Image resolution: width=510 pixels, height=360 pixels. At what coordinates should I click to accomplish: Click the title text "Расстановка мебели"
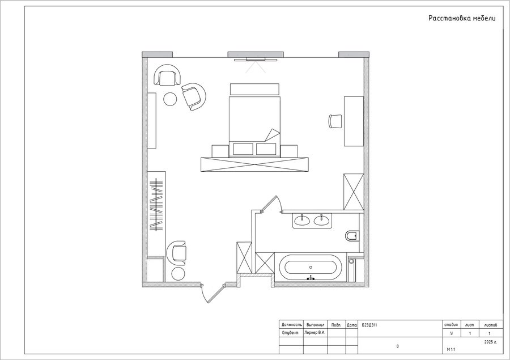pyautogui.click(x=462, y=18)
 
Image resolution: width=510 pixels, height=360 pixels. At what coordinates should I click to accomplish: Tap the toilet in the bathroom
pyautogui.click(x=351, y=236)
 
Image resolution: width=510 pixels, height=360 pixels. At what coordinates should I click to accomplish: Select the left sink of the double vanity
pyautogui.click(x=302, y=221)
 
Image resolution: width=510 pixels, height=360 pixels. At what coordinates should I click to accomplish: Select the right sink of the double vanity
pyautogui.click(x=322, y=221)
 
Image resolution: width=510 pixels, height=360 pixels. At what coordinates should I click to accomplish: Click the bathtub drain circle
pyautogui.click(x=311, y=267)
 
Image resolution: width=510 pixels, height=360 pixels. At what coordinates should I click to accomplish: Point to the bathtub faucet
pyautogui.click(x=311, y=278)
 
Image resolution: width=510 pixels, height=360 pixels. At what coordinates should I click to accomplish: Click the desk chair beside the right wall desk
pyautogui.click(x=335, y=121)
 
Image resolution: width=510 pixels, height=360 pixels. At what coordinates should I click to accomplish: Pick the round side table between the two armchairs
pyautogui.click(x=170, y=99)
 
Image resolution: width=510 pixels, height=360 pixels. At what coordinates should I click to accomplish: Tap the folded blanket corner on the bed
pyautogui.click(x=272, y=135)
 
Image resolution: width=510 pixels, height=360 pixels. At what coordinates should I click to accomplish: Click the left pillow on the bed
pyautogui.click(x=243, y=149)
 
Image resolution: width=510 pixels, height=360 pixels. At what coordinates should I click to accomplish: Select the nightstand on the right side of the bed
pyautogui.click(x=289, y=151)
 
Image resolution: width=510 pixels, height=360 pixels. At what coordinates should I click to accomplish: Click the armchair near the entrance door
pyautogui.click(x=176, y=253)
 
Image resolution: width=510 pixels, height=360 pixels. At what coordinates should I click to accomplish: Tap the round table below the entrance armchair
pyautogui.click(x=178, y=274)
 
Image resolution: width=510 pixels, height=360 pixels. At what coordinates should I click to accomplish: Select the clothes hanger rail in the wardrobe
pyautogui.click(x=156, y=204)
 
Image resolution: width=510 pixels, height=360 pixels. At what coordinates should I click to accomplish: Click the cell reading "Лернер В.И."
pyautogui.click(x=315, y=333)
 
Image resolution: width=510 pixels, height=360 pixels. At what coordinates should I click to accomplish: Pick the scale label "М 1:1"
pyautogui.click(x=451, y=350)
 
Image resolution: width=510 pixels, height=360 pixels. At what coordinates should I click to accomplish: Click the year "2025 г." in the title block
pyautogui.click(x=491, y=342)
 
